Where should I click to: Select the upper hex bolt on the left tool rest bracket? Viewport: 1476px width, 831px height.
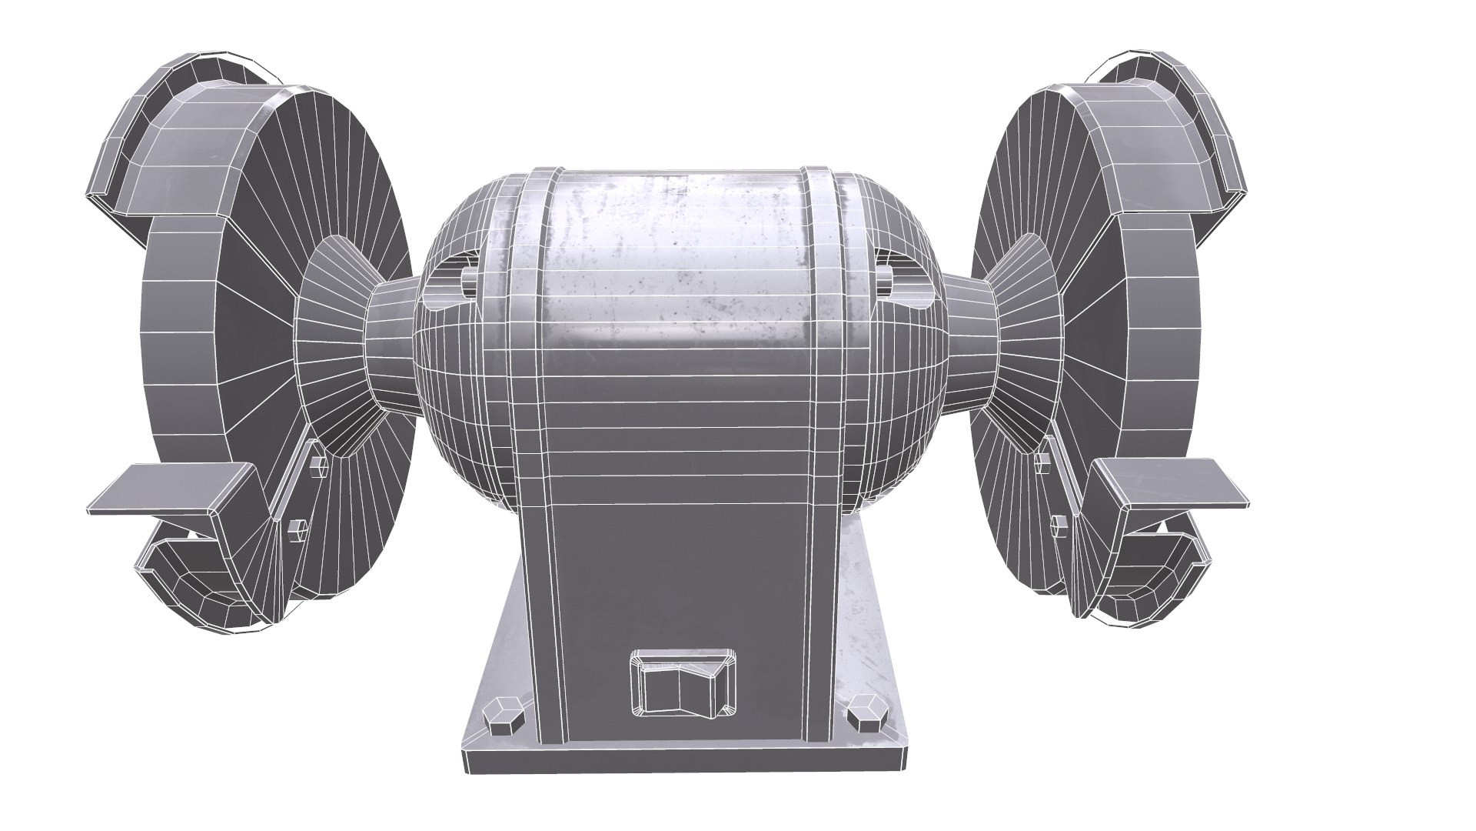(316, 466)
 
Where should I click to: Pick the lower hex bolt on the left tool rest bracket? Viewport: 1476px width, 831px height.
(298, 529)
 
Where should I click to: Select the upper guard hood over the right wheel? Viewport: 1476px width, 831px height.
(1153, 131)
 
